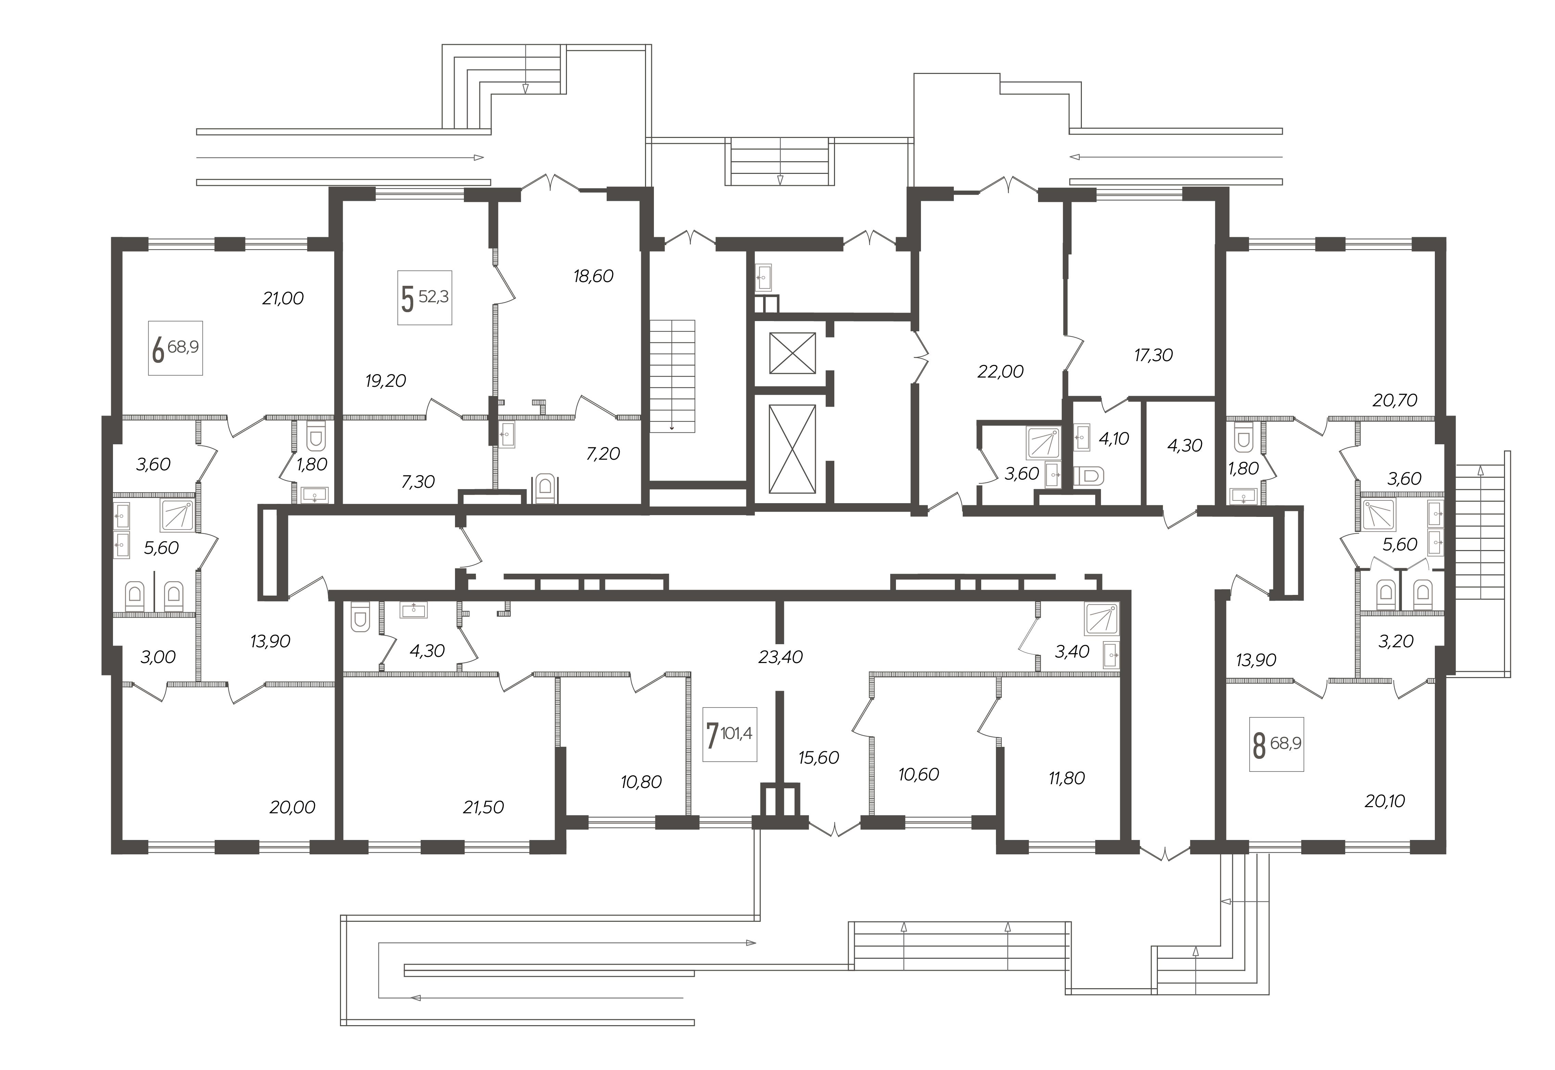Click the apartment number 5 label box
[425, 298]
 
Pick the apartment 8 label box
[1277, 744]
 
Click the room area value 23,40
[781, 657]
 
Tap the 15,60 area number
[819, 757]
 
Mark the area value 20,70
[1395, 400]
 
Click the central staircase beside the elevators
[672, 376]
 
